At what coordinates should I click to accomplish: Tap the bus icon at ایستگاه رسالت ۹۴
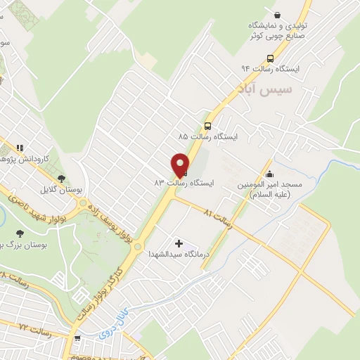click(x=270, y=58)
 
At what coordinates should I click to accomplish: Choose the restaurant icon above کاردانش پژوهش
click(x=20, y=148)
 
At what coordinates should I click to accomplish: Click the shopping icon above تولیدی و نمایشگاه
click(x=278, y=15)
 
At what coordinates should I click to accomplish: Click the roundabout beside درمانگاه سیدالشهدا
click(x=138, y=247)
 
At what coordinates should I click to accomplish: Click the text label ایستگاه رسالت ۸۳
click(x=184, y=181)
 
